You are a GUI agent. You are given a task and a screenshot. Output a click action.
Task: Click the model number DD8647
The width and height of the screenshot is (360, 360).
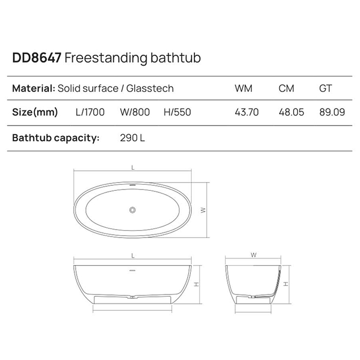click(37, 57)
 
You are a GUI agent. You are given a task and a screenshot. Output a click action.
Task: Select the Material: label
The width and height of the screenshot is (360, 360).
click(33, 88)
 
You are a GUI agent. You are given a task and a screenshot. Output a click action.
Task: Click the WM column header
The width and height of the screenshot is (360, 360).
click(243, 88)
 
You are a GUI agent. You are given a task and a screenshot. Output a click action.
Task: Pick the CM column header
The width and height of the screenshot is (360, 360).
click(286, 88)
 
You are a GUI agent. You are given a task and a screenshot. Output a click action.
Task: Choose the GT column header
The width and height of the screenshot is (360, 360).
click(325, 88)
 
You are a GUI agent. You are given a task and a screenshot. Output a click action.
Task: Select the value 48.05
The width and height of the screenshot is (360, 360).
click(289, 112)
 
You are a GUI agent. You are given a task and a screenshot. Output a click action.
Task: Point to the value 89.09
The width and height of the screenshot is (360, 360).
click(332, 112)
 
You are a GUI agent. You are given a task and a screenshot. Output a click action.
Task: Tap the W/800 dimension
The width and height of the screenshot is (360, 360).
click(135, 112)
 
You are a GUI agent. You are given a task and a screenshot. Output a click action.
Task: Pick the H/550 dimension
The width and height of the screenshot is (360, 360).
click(177, 112)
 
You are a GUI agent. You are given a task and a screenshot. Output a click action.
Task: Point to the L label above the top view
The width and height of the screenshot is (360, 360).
click(133, 168)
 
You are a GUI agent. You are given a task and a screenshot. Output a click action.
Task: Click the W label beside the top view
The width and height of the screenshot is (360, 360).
click(203, 210)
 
